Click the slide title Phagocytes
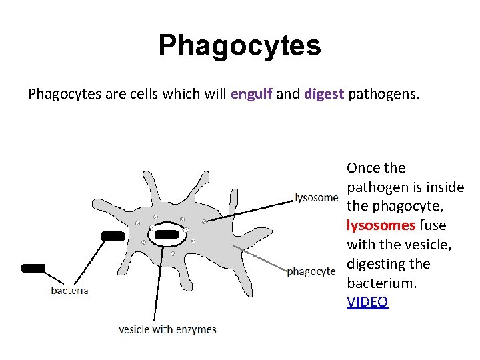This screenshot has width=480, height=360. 239,45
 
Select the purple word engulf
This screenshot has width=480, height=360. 251,94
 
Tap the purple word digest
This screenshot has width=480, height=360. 324,94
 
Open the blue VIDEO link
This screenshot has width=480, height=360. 367,302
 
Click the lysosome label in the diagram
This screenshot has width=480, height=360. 316,197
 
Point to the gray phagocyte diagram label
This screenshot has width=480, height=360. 311,271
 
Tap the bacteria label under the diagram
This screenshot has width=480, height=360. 69,291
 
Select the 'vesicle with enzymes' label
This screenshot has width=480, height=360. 167,329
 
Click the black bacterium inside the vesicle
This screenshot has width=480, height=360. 166,235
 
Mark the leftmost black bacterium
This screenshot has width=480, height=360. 33,268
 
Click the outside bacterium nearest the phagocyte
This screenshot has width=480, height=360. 112,235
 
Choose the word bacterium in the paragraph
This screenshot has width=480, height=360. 380,283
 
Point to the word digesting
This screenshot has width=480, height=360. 379,264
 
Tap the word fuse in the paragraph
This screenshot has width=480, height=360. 433,225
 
